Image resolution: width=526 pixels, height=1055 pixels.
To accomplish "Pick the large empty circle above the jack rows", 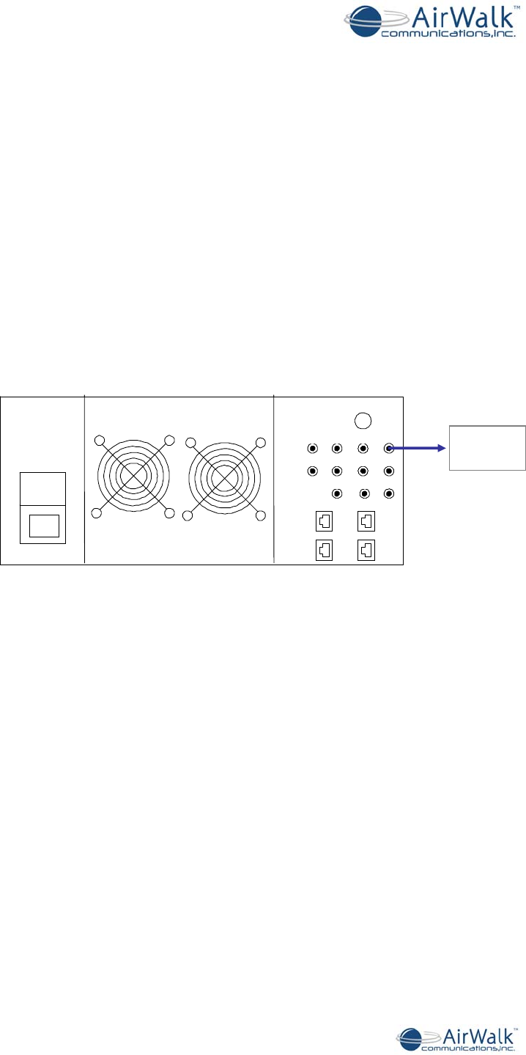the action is point(363,420).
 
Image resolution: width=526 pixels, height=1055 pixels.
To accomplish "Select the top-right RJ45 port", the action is point(367,521).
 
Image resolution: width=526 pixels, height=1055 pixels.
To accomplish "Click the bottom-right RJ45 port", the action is point(367,548).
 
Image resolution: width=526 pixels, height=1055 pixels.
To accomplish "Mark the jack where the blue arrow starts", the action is point(389,447).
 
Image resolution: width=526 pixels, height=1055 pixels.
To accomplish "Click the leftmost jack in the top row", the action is point(313,447).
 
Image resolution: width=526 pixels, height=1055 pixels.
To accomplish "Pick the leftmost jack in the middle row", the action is point(313,470).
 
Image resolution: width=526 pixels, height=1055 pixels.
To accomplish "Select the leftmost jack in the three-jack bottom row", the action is point(337,493).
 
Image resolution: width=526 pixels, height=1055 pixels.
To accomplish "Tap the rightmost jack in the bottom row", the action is point(389,493).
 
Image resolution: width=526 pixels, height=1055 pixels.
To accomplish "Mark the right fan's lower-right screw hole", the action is point(259,516).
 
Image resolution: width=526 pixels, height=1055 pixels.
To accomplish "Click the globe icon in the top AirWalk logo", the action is point(364,21).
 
